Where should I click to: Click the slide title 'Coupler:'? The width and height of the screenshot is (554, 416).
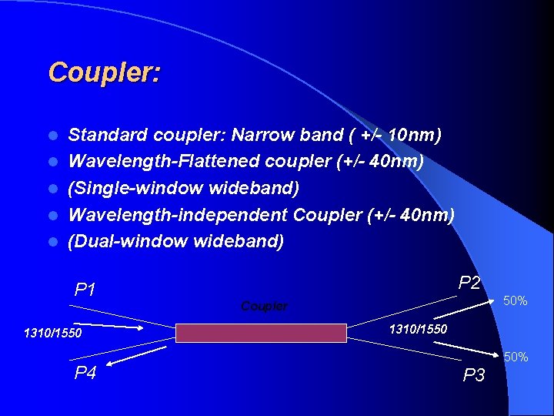click(105, 72)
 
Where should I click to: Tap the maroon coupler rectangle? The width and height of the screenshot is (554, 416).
click(261, 333)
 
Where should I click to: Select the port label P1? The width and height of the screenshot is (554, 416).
click(85, 290)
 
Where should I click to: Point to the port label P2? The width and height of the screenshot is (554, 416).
click(469, 283)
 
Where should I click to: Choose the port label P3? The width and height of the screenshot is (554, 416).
click(474, 375)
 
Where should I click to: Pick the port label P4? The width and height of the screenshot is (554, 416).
click(85, 374)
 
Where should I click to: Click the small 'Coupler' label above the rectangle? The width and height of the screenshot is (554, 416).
click(264, 306)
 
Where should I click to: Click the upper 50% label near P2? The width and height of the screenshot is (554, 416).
click(515, 300)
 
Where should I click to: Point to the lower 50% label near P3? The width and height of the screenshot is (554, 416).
click(515, 357)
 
